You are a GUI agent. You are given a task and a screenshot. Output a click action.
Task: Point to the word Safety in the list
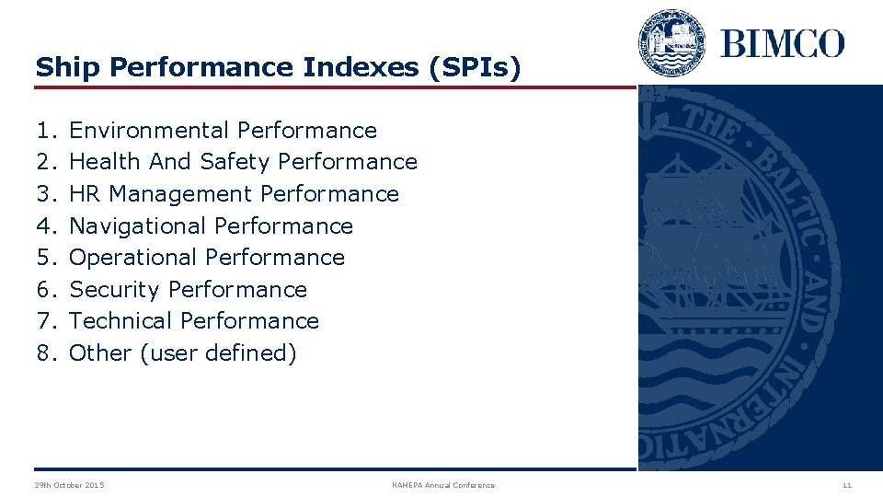(235, 162)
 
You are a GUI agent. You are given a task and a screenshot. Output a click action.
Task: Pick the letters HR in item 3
(86, 194)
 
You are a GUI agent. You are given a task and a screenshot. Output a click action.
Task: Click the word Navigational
(138, 225)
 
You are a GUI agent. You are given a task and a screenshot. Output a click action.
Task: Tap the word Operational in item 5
(133, 258)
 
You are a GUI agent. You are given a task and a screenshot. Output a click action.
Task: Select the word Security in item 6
(114, 290)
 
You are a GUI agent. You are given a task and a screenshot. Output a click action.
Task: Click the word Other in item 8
(100, 353)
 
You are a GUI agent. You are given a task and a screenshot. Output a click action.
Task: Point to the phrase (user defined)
(218, 353)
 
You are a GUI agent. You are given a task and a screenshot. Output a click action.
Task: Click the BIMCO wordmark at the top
(782, 43)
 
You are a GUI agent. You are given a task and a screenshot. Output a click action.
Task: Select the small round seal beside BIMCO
(671, 42)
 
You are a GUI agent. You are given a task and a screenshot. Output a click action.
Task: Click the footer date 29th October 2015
(69, 485)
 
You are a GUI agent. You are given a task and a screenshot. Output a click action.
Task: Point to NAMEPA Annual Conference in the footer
(443, 485)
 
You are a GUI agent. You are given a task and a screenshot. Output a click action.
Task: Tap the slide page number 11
(847, 485)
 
